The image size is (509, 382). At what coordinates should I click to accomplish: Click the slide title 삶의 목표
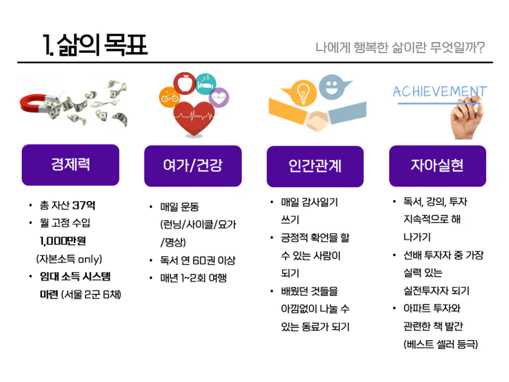click(95, 44)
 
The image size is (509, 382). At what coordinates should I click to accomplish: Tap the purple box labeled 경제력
click(70, 165)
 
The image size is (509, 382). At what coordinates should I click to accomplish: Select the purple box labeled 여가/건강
click(193, 166)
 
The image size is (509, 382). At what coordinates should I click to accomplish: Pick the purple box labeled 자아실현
click(437, 166)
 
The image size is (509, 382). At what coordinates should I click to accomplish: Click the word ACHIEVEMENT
click(439, 91)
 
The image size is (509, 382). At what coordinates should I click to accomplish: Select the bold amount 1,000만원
click(63, 241)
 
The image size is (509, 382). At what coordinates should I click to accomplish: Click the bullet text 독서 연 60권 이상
click(198, 260)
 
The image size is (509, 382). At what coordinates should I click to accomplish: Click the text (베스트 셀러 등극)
click(440, 344)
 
